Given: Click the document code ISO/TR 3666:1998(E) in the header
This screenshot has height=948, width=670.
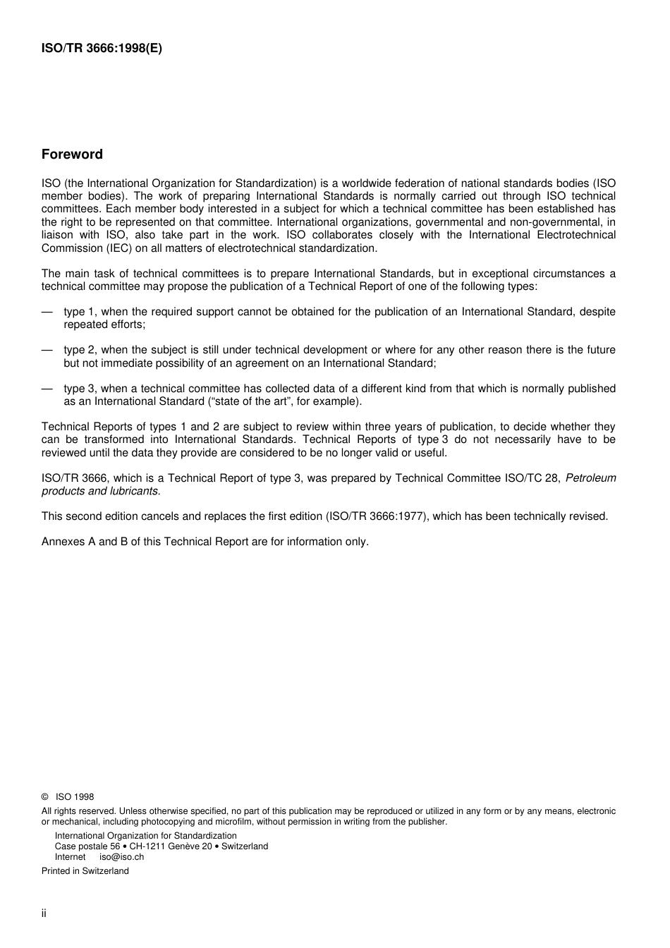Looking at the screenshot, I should click(x=102, y=49).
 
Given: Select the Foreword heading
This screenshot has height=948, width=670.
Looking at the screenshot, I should click(x=72, y=154).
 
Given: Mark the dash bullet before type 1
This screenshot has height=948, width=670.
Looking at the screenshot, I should click(x=47, y=312).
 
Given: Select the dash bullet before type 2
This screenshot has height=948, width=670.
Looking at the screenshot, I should click(x=47, y=350).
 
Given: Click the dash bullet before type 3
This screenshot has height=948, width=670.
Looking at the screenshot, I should click(x=47, y=389).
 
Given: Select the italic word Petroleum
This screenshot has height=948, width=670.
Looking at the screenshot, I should click(x=590, y=478).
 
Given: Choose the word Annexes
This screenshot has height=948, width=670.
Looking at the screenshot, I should click(x=63, y=542).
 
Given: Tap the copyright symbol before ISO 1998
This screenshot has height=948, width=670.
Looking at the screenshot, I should click(x=45, y=797).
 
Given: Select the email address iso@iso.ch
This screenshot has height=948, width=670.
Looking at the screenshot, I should click(x=121, y=857).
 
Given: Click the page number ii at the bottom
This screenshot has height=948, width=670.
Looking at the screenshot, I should click(x=44, y=913).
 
